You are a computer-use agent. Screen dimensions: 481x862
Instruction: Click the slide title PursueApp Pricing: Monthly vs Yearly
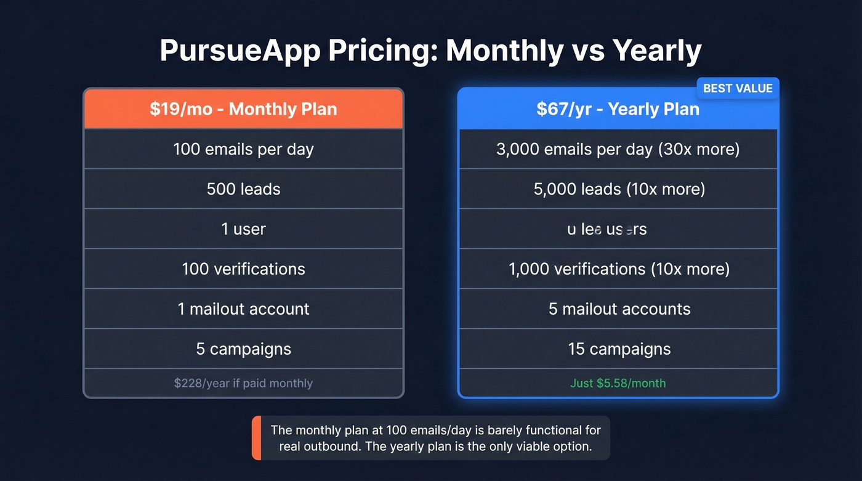point(430,51)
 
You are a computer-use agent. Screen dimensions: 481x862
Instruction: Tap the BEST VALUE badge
point(737,88)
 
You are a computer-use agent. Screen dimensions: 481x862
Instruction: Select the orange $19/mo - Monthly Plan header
point(243,109)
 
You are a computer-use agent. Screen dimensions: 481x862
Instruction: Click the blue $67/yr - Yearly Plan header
point(618,109)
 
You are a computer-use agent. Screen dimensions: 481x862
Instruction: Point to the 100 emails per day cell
point(243,149)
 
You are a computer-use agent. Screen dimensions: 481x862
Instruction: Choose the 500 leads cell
point(243,189)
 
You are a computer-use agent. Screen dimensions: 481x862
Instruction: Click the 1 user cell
point(243,229)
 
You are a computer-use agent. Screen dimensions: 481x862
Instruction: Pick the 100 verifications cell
point(243,269)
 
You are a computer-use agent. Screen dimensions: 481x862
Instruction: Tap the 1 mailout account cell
point(243,309)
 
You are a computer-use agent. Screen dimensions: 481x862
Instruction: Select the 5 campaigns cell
point(243,349)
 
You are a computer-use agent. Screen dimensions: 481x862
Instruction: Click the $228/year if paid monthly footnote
point(243,383)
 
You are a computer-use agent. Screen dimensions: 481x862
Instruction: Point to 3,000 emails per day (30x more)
point(618,149)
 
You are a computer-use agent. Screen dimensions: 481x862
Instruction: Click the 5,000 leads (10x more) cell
point(619,189)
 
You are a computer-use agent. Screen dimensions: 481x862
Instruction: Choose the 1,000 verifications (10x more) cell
point(619,269)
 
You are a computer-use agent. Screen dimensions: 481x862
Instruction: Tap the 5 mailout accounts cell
point(619,309)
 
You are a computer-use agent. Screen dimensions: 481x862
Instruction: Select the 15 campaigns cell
point(619,349)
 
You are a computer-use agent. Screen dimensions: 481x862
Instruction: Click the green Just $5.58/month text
point(618,383)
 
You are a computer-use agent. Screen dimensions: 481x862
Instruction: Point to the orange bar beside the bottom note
point(256,438)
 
